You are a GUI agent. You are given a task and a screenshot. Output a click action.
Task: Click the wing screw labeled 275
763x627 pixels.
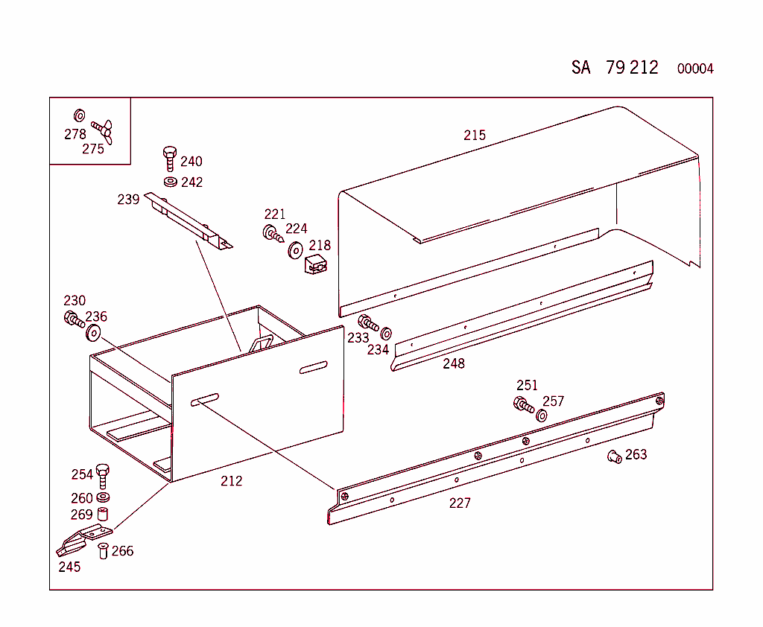pos(102,130)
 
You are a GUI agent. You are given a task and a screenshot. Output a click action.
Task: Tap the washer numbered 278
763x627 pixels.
pos(79,115)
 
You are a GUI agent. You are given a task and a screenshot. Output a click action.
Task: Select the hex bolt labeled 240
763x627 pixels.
pos(169,159)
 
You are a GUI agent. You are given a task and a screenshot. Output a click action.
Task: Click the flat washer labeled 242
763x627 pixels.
pos(170,181)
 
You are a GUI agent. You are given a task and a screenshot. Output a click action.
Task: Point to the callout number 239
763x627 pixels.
pos(128,199)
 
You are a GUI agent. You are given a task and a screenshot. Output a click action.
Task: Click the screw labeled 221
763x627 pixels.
pos(272,233)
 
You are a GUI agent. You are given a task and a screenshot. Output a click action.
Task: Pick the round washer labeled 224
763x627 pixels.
pos(295,249)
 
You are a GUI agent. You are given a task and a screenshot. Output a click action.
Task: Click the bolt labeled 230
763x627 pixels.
pos(75,321)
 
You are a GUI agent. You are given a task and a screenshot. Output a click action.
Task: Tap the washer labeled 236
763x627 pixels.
pos(94,332)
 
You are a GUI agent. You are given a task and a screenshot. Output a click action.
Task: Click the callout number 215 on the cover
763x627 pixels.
pos(475,135)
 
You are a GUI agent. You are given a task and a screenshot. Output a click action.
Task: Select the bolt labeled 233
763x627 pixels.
pos(368,323)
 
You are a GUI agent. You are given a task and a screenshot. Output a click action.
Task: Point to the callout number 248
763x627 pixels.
pos(454,363)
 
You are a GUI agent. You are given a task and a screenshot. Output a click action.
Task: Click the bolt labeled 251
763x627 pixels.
pos(524,405)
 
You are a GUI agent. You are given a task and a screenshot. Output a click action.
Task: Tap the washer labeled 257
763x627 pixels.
pos(542,415)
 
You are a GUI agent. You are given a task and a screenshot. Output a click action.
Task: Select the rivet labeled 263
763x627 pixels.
pos(615,456)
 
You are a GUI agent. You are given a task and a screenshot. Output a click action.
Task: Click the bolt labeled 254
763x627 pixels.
pos(103,474)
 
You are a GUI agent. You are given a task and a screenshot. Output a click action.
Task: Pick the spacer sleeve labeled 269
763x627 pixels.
pos(104,514)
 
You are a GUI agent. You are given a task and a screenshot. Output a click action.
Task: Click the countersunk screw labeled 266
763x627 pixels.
pos(104,551)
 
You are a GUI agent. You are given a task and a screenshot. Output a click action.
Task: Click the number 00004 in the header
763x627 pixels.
pos(695,69)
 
